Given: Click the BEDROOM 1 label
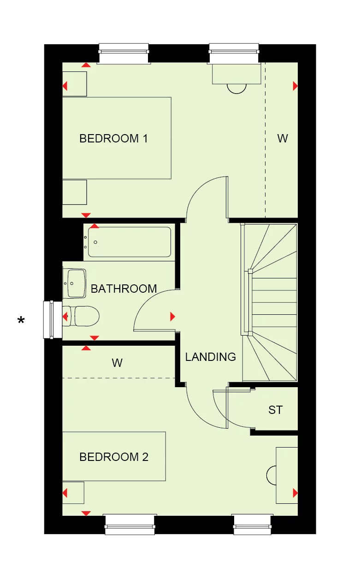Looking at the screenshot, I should click(x=113, y=138).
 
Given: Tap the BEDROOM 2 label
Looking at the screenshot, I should click(x=114, y=457).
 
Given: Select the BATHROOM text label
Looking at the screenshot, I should click(x=124, y=289).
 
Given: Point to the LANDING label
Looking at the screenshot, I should click(x=210, y=356).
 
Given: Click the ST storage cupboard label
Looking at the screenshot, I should click(x=275, y=410).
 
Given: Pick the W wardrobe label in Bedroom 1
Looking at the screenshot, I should click(x=282, y=138).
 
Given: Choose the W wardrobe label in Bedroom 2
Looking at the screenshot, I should click(x=117, y=363).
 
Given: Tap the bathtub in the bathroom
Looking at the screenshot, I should click(x=129, y=242).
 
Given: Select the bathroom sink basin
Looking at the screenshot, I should click(x=76, y=283).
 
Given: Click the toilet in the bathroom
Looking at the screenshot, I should click(x=83, y=316).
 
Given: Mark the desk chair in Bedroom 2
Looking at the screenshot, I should click(x=271, y=475).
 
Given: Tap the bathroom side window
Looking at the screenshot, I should click(x=48, y=319).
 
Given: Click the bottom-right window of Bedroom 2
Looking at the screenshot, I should click(x=252, y=525).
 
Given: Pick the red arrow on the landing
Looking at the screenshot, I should click(x=172, y=316).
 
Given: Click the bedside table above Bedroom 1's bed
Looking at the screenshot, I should click(x=75, y=84).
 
